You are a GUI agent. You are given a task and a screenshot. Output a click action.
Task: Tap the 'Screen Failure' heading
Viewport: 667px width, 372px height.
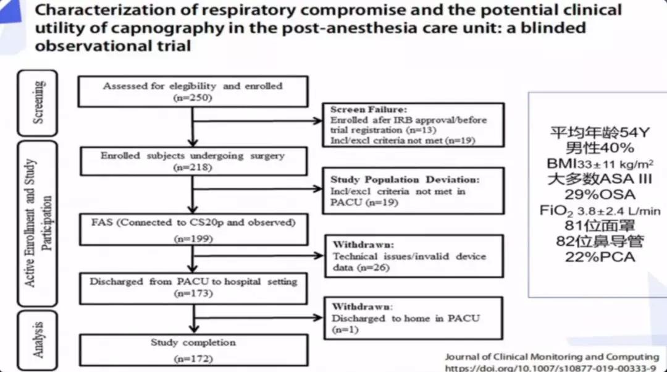[x=361, y=109]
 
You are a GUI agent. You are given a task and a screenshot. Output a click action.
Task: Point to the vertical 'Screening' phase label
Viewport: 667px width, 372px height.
[x=38, y=102]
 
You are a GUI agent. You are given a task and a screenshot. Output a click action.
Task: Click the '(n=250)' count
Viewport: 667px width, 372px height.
[x=192, y=98]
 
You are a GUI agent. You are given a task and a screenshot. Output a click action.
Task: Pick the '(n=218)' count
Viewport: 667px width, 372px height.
[x=193, y=167]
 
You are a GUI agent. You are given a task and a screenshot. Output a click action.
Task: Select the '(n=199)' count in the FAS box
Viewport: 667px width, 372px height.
[x=193, y=234]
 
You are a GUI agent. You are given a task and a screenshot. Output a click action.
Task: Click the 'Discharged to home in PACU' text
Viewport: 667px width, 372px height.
[x=405, y=318]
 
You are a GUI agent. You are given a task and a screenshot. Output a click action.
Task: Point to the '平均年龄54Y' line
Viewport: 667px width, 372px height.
[x=599, y=133]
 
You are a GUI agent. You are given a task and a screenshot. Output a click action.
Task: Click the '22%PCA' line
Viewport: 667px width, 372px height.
[x=599, y=257]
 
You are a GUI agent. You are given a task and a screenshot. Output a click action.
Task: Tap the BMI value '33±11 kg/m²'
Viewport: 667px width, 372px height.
[x=618, y=164]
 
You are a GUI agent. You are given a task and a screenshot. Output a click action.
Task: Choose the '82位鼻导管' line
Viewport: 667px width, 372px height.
[x=599, y=242]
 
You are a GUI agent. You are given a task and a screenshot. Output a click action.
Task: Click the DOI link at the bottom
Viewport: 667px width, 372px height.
[x=552, y=367]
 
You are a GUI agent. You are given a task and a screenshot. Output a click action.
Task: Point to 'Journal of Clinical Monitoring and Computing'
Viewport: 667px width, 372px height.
[x=552, y=357]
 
